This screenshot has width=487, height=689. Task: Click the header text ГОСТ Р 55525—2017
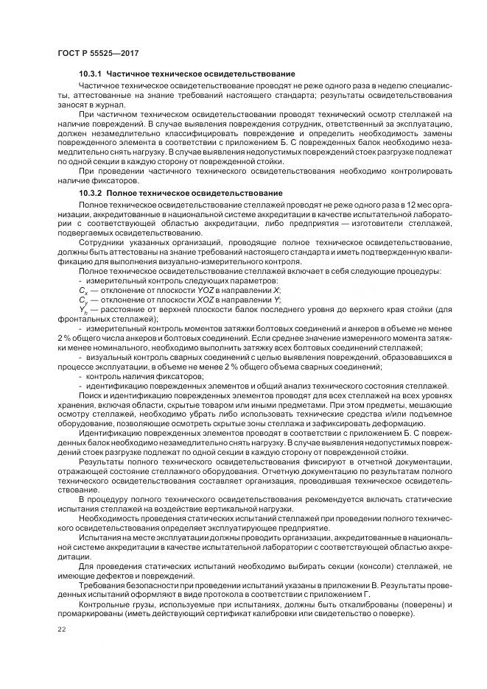click(x=97, y=54)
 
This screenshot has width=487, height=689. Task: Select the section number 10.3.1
click(x=91, y=75)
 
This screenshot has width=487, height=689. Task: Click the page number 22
click(x=61, y=628)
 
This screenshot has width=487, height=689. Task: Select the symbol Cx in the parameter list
click(x=83, y=291)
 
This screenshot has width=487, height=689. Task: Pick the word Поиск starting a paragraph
click(x=90, y=395)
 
